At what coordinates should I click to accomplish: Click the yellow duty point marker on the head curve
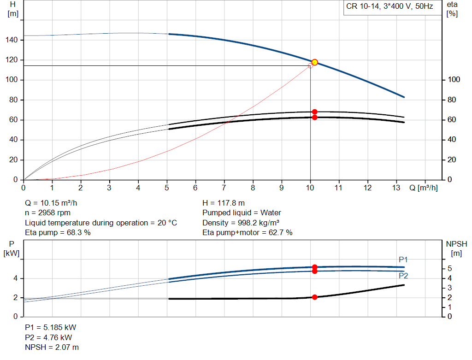tap(315, 62)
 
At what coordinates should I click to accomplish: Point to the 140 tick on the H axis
tap(13, 40)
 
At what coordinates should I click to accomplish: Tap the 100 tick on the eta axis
tap(454, 80)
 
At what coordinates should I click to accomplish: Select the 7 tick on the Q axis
tap(224, 188)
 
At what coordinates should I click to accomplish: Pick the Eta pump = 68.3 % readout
tap(58, 233)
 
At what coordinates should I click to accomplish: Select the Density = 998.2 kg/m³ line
tap(240, 223)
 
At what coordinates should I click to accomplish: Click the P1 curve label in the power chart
tap(403, 260)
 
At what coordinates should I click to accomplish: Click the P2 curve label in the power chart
tap(403, 276)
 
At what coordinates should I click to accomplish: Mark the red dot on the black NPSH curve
tap(315, 297)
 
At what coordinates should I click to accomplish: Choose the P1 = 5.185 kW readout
tap(51, 327)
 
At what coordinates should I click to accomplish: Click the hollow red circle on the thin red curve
tap(310, 65)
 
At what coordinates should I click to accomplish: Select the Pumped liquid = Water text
tap(242, 213)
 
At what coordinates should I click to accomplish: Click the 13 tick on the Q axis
tap(396, 188)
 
